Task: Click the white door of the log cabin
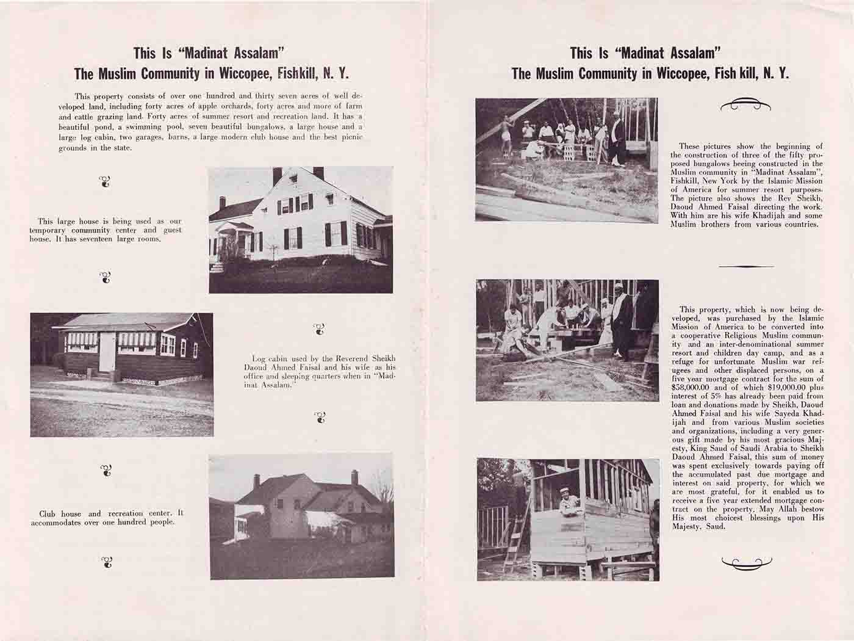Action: [x=107, y=352]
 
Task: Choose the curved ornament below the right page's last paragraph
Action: [x=746, y=563]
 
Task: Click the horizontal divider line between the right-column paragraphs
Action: [x=746, y=267]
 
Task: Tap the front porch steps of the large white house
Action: [x=217, y=268]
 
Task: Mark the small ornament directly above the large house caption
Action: [x=105, y=181]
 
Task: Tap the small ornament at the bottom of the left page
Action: [x=107, y=562]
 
